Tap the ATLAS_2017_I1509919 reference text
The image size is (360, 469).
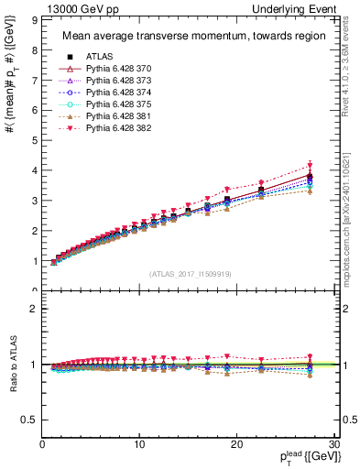pyautogui.click(x=190, y=273)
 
